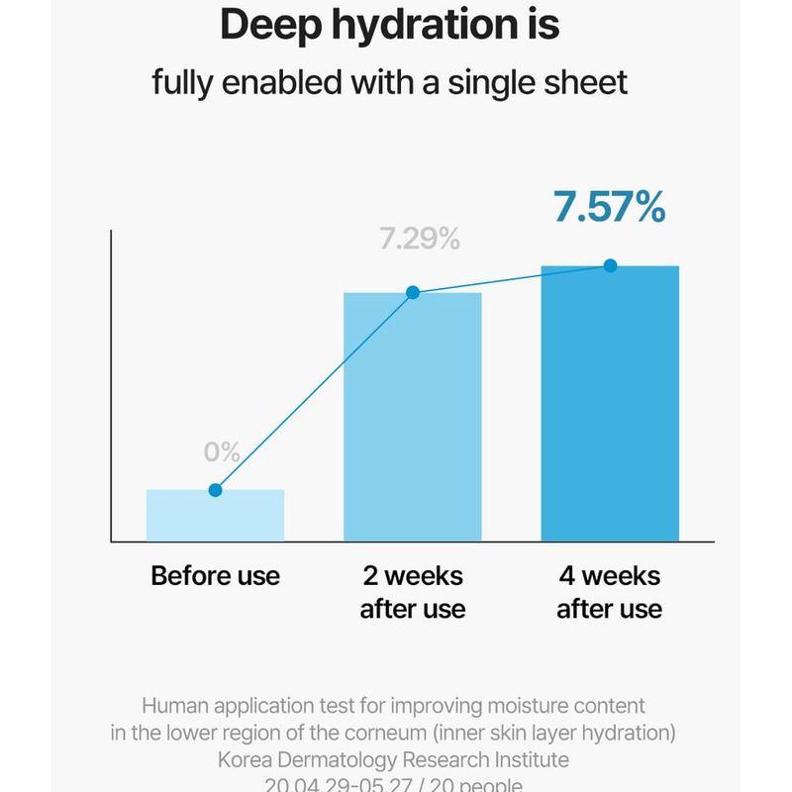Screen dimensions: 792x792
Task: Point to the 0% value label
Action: (x=223, y=452)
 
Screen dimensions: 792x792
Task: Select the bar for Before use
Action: (x=215, y=516)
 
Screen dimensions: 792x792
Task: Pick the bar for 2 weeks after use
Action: (x=412, y=416)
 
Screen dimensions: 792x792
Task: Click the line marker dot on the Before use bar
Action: (x=215, y=490)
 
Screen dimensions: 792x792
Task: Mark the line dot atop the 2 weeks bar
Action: (x=413, y=292)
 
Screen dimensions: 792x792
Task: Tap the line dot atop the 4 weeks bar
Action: (x=610, y=265)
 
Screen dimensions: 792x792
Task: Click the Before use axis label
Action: (x=215, y=576)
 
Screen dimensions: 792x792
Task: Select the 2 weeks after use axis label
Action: (x=412, y=592)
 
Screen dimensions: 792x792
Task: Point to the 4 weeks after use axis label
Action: (x=609, y=592)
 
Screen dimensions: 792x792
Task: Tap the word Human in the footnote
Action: (x=176, y=706)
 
